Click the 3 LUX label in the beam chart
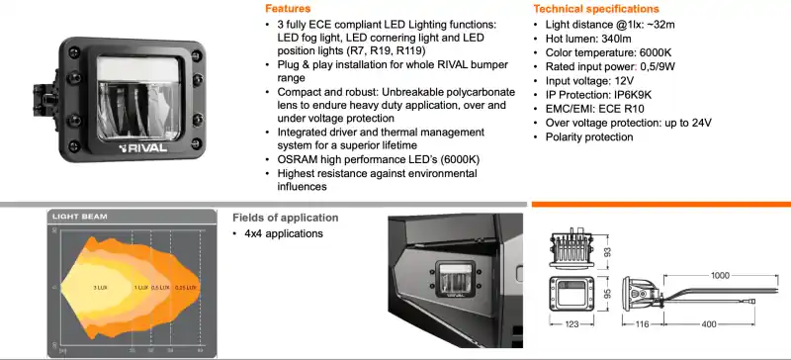[x=100, y=287]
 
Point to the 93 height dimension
[x=607, y=251]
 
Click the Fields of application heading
[x=285, y=218]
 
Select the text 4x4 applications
[x=284, y=234]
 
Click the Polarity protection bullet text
[x=589, y=136]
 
